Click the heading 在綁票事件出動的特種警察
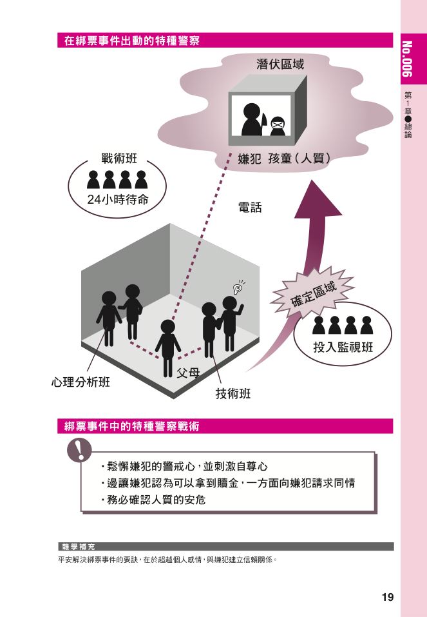[x=132, y=41]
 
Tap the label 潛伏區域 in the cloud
[x=280, y=64]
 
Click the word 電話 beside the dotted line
[x=251, y=208]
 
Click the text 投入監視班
[x=343, y=348]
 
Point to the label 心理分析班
[x=81, y=382]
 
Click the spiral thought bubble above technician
[x=238, y=288]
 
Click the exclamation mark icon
[x=81, y=449]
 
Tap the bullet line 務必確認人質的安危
[x=153, y=499]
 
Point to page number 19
[x=387, y=597]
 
